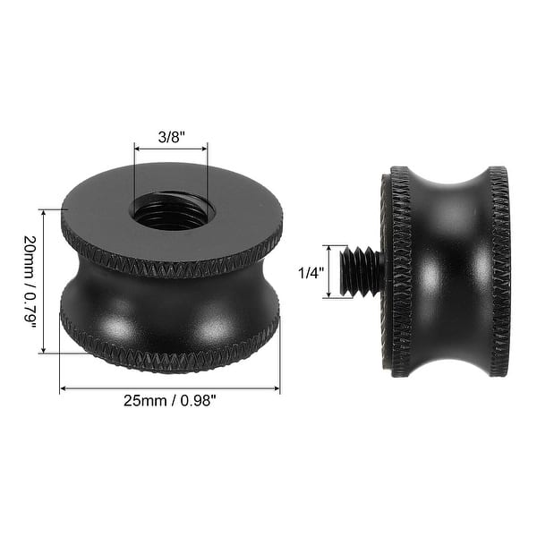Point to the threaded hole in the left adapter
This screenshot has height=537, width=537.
coord(170,212)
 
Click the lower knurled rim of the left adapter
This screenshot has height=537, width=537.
coord(170,358)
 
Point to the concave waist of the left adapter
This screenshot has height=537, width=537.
coord(170,309)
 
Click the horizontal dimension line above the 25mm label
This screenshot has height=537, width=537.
coord(170,388)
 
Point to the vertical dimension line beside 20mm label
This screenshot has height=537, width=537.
coord(42,281)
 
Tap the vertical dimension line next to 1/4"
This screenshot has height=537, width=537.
coord(329,270)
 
